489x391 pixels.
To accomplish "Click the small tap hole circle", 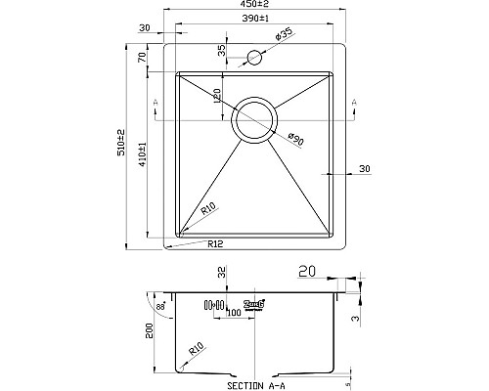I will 257,59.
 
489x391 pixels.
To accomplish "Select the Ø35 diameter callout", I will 286,35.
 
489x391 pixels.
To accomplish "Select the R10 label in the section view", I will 197,347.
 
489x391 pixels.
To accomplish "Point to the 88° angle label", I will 161,308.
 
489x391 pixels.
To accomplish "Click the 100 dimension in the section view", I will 234,314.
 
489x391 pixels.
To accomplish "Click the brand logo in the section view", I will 255,304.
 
